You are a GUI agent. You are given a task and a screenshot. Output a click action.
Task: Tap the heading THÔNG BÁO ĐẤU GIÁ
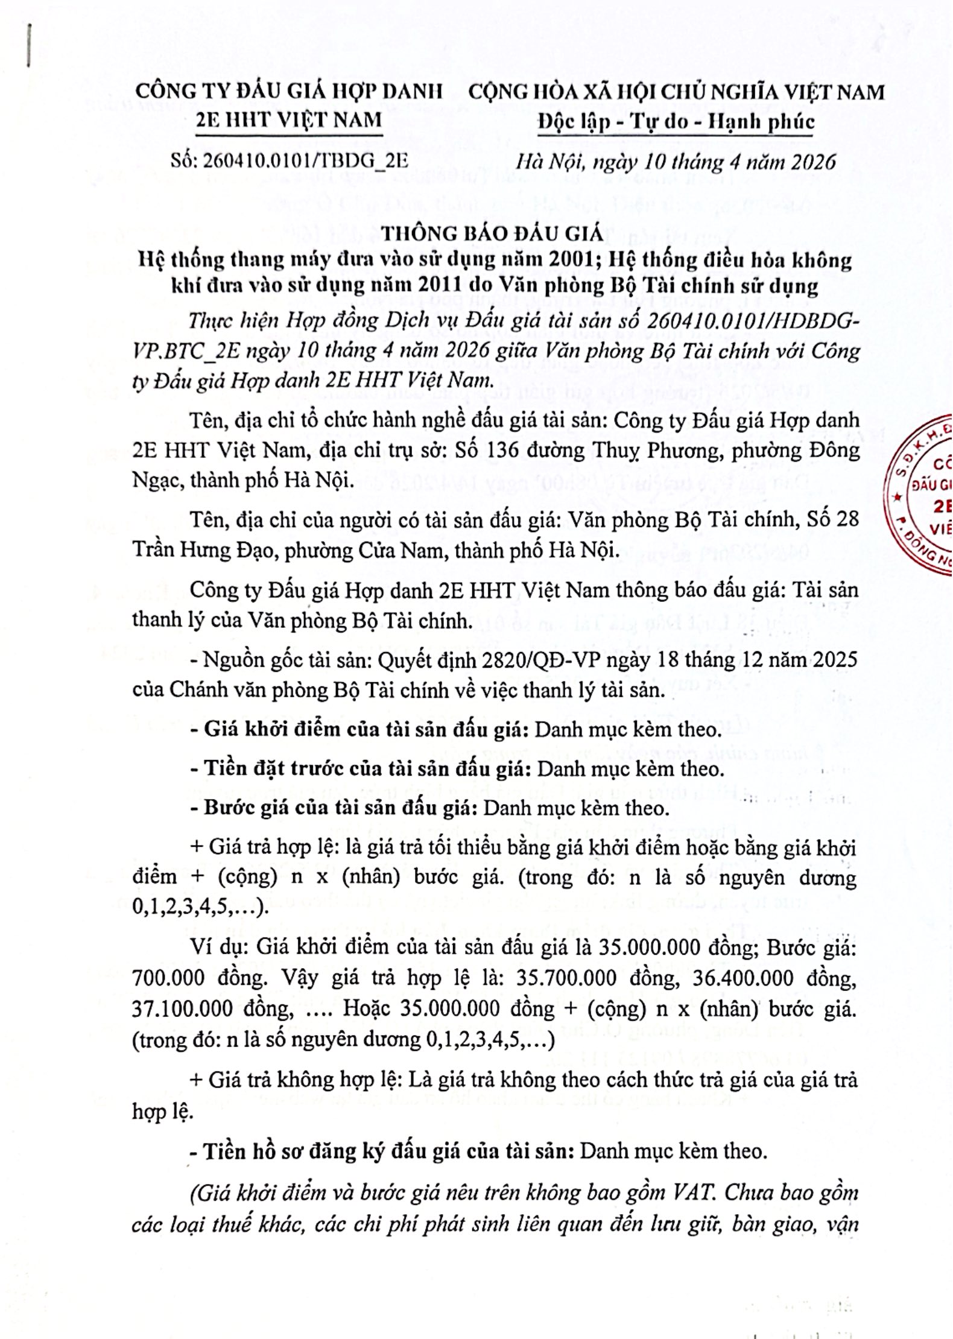[x=493, y=233]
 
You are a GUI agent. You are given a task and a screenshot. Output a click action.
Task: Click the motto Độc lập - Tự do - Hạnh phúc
[x=676, y=122]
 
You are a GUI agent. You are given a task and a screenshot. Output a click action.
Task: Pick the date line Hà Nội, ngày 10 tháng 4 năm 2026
[x=676, y=161]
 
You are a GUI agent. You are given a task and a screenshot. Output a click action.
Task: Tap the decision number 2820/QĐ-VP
[x=542, y=660]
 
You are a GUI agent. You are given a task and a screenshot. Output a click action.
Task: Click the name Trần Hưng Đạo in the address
[x=203, y=550]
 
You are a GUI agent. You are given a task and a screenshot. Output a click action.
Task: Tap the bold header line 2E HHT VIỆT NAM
[x=289, y=119]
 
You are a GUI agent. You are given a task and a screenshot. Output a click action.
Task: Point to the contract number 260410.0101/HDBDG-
[x=751, y=321]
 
